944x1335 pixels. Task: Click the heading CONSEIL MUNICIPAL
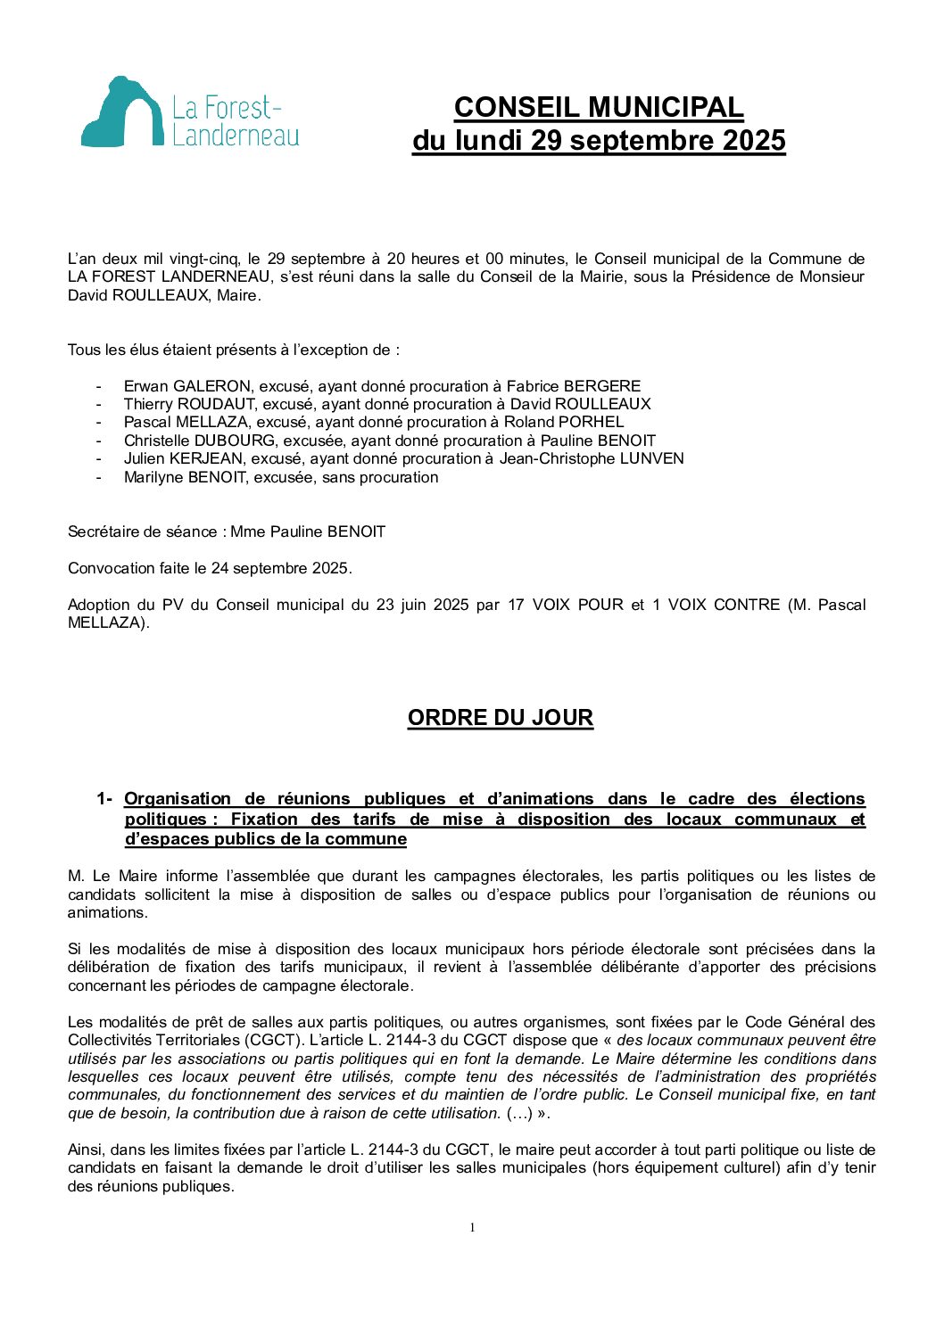pos(599,107)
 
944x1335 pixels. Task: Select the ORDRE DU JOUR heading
pos(500,718)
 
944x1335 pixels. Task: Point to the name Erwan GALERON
pos(187,386)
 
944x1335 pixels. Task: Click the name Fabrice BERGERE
pos(574,386)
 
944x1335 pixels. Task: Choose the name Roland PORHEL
pos(564,422)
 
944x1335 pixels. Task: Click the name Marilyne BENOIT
pos(185,477)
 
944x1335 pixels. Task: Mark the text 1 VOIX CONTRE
pos(716,605)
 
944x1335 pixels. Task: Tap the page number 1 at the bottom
pos(472,1228)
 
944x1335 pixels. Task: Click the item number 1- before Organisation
pos(104,799)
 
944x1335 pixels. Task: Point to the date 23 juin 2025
pos(422,605)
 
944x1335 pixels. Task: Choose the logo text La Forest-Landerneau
pos(236,122)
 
